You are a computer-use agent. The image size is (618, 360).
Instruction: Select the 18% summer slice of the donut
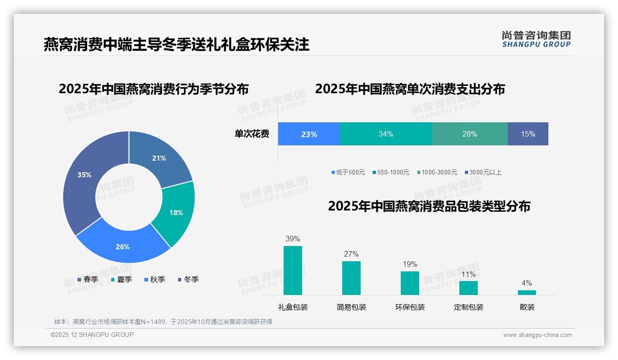tap(175, 213)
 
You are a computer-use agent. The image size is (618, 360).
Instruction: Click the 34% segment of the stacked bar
tap(386, 134)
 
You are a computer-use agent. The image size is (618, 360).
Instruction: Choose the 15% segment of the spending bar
tap(528, 134)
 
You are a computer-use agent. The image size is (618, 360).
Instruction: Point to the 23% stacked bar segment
tap(309, 134)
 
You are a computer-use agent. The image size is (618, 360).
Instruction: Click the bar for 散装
tap(527, 292)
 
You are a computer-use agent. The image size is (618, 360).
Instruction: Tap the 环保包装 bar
tap(410, 283)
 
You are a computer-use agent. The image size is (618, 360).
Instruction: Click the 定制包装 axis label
tap(469, 307)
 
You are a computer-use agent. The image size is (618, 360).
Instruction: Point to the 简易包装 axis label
tap(351, 307)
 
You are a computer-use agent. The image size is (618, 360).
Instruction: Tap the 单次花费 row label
tap(252, 134)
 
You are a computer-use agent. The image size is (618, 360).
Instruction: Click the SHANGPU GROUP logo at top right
tap(536, 39)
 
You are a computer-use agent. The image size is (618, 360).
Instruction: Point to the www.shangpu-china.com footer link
tap(537, 335)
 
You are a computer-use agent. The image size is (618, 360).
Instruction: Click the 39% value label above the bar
tap(293, 239)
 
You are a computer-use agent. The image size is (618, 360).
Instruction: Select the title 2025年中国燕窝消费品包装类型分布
tap(429, 206)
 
